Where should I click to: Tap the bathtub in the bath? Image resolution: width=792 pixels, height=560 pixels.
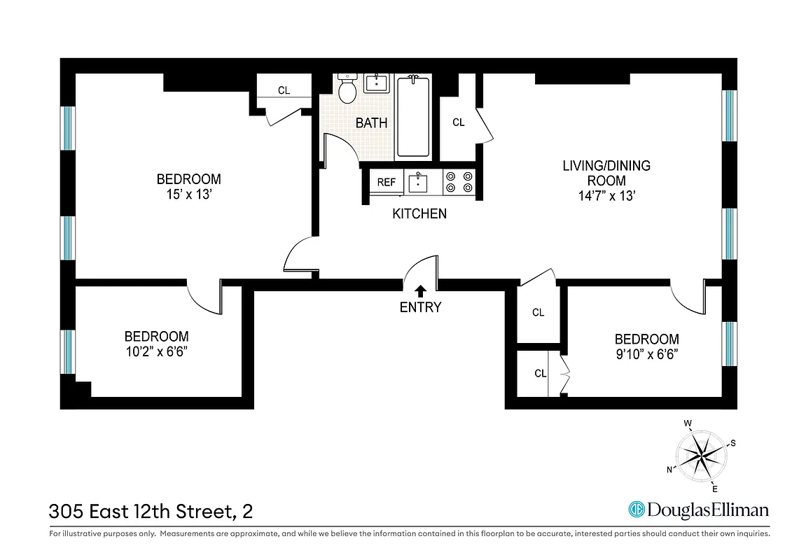(413, 117)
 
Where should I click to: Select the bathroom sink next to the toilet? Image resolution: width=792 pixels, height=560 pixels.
(377, 83)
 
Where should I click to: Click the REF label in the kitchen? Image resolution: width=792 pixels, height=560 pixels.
(387, 182)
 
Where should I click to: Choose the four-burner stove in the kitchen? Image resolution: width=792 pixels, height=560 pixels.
(459, 182)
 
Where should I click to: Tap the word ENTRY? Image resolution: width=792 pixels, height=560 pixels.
(421, 307)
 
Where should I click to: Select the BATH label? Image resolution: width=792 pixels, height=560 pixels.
(371, 123)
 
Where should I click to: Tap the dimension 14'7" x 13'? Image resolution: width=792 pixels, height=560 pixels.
(606, 196)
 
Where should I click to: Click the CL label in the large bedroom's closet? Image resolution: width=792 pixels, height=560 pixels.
(284, 90)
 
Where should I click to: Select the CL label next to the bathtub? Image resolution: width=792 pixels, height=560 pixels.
(459, 122)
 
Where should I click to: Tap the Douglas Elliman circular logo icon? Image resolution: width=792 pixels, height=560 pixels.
(636, 510)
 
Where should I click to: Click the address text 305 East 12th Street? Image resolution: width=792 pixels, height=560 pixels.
(140, 512)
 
